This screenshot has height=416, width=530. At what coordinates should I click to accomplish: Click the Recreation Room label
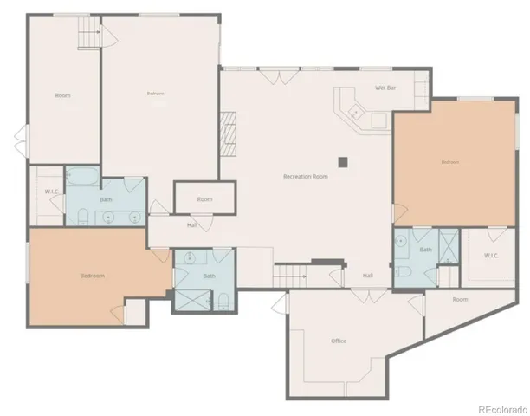tap(306, 177)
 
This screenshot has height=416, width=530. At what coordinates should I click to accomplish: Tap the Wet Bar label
tap(385, 88)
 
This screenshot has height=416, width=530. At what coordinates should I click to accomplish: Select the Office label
tap(339, 341)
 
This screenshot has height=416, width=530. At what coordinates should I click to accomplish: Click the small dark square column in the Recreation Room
tap(344, 160)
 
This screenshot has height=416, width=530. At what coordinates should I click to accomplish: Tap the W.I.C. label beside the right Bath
tap(491, 255)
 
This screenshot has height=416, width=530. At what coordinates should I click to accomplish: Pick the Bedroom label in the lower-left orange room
tap(93, 276)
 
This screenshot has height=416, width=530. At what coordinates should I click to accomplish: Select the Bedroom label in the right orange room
tap(449, 162)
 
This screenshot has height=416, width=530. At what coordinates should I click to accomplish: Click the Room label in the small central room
tap(204, 199)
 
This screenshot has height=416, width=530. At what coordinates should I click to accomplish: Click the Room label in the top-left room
tap(62, 95)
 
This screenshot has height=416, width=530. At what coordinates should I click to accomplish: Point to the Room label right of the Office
tap(460, 299)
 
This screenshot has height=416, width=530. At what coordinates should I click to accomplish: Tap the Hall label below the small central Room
tap(193, 225)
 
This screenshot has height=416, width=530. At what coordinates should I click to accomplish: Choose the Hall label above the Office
tap(368, 276)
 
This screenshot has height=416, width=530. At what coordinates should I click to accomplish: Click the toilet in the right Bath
tap(404, 271)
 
